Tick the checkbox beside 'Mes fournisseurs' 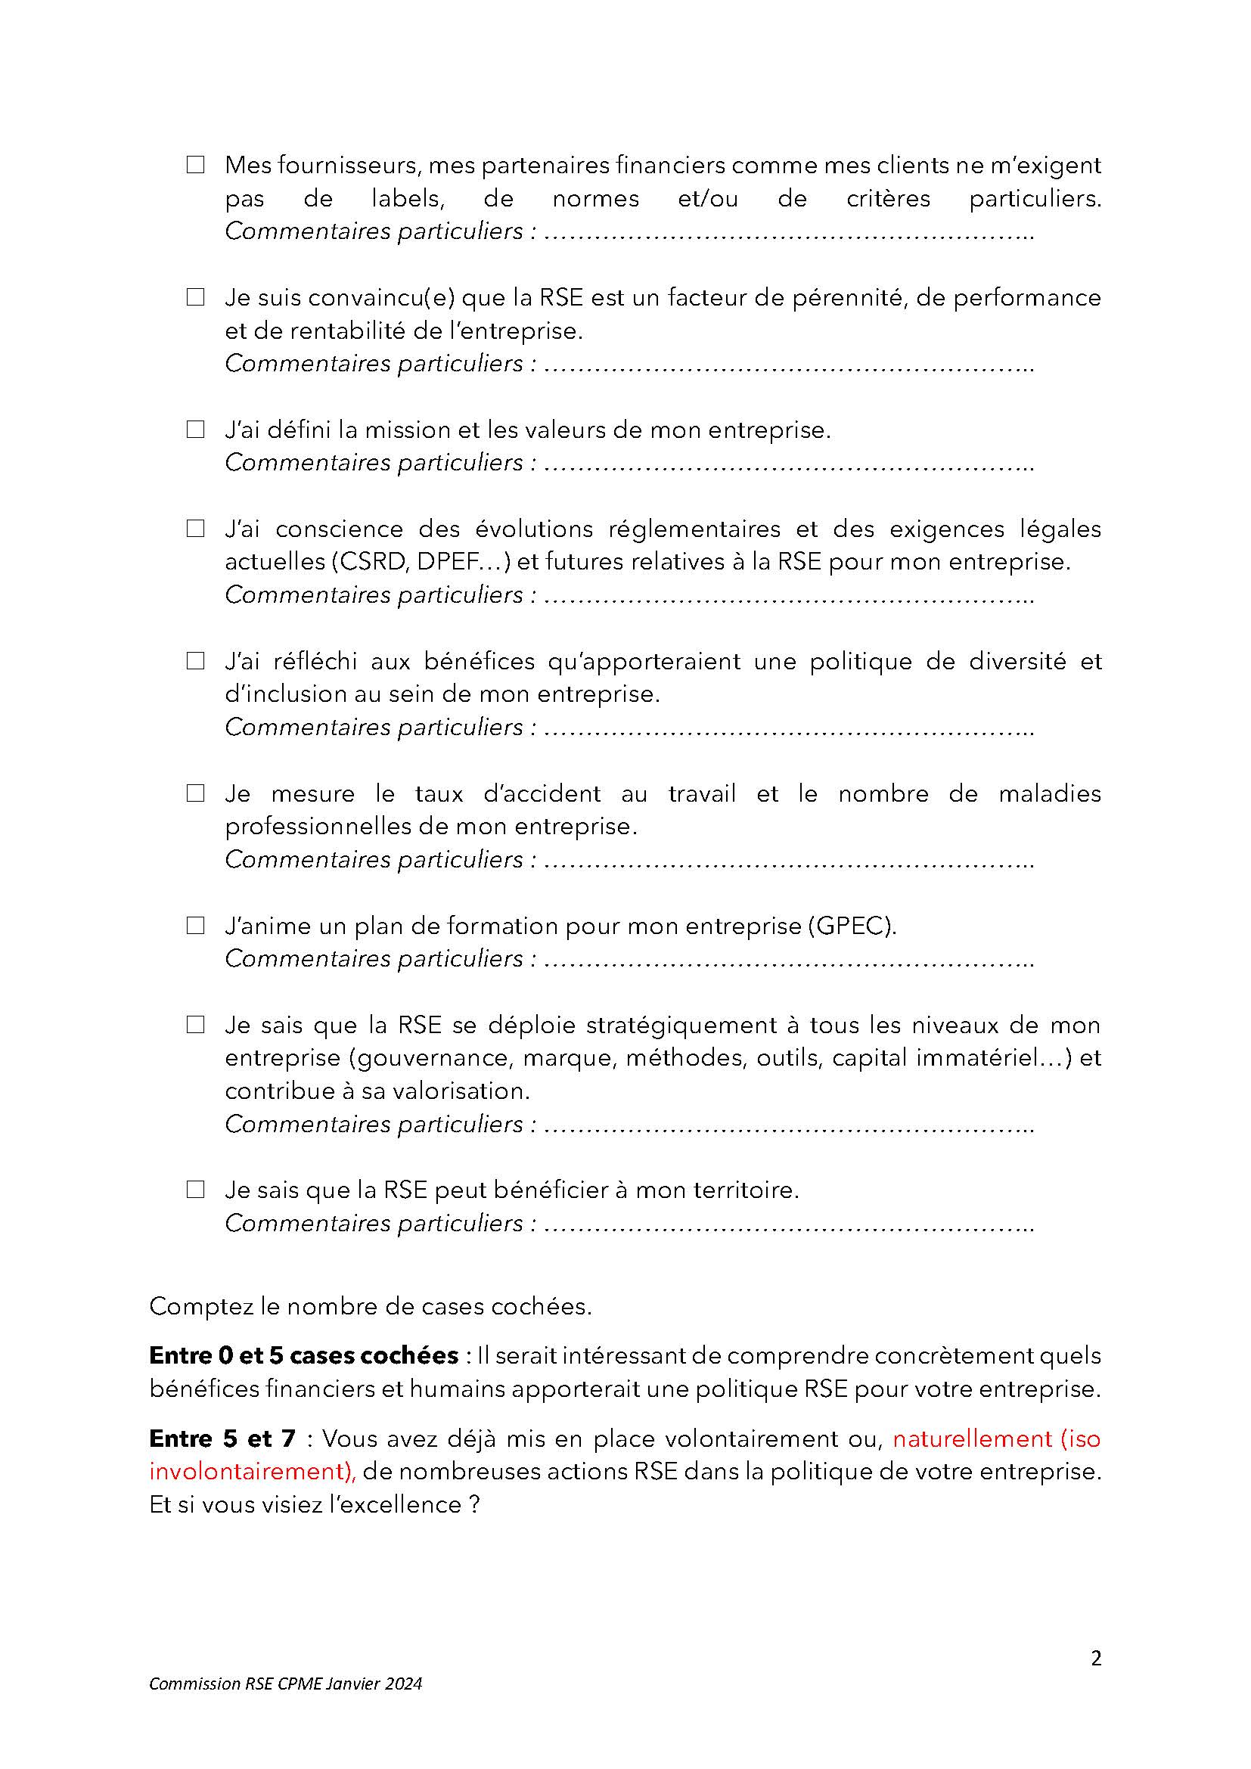tap(196, 164)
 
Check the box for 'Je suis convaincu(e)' tap(196, 296)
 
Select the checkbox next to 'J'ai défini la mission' tap(196, 429)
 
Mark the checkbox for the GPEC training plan tap(196, 925)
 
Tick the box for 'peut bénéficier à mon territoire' tap(196, 1190)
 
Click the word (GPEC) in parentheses tap(852, 925)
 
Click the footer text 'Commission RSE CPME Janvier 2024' tap(286, 1684)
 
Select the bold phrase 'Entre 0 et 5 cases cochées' tap(303, 1355)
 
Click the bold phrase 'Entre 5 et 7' tap(222, 1438)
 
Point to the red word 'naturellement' tap(973, 1438)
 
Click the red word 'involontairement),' tap(253, 1472)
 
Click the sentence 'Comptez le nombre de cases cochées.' tap(371, 1306)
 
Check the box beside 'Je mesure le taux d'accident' tap(196, 793)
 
